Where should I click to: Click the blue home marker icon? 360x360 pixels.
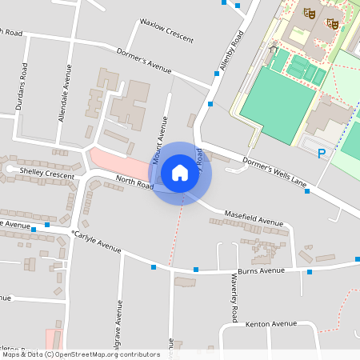(180, 172)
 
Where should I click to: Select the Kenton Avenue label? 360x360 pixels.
(271, 324)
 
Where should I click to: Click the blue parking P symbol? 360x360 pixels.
(322, 154)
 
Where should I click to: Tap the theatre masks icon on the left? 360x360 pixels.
(309, 14)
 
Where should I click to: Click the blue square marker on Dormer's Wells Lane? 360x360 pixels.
(306, 190)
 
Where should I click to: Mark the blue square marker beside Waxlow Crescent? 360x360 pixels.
(216, 74)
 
